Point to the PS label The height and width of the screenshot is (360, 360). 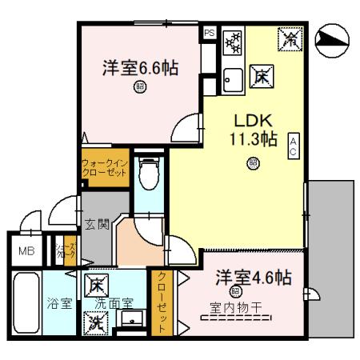[x=209, y=34]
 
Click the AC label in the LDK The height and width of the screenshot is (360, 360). [x=294, y=146]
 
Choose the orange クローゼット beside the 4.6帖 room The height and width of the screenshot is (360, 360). [x=162, y=303]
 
